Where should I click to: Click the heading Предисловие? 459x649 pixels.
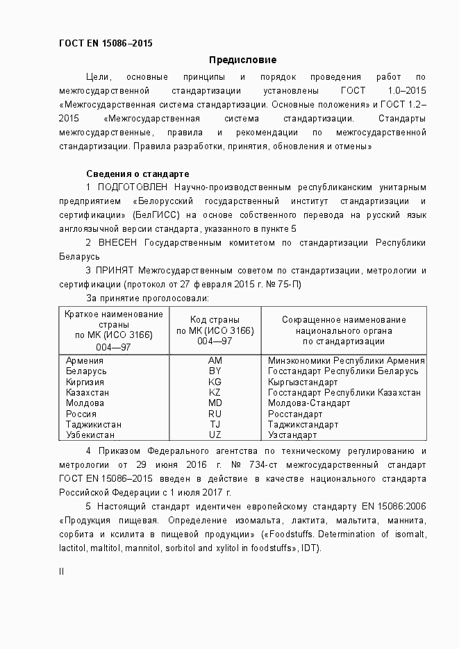point(242,60)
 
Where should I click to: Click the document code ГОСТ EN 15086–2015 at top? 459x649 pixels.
point(106,43)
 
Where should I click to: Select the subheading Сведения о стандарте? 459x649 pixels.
point(138,173)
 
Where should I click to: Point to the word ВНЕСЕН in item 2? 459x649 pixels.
point(119,243)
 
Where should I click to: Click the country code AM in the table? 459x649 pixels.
point(215,360)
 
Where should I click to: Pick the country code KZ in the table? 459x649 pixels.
point(215,392)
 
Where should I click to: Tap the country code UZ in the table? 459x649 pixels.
point(215,435)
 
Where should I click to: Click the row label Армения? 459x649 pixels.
point(85,360)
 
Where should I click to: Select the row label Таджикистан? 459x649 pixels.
point(94,424)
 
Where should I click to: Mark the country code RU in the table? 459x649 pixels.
point(215,414)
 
